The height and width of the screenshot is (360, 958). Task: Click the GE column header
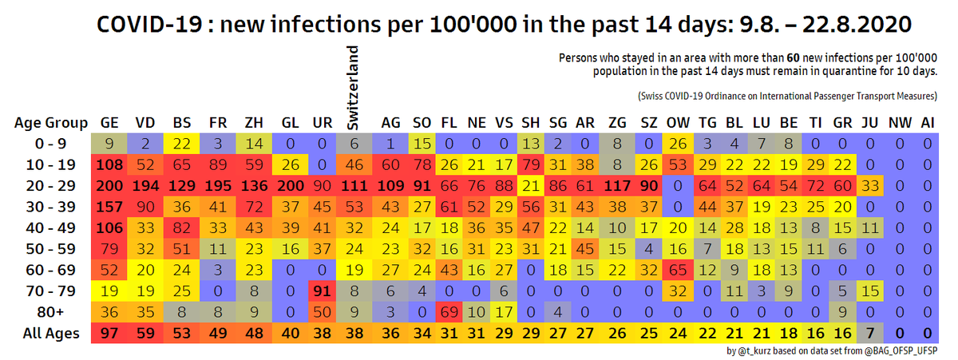[109, 123]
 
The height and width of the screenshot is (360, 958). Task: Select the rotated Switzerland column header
[352, 88]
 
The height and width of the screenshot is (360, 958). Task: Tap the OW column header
[678, 123]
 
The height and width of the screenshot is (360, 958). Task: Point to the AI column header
[927, 123]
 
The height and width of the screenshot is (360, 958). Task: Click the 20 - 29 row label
[50, 186]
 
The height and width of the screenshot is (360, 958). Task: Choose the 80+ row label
[50, 312]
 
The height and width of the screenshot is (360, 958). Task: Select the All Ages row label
[51, 334]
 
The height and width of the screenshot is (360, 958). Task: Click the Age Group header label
[51, 123]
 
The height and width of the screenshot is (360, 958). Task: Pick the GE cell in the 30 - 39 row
[109, 207]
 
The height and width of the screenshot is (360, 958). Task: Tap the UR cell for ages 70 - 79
[322, 291]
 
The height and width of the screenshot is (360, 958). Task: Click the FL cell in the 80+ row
[449, 312]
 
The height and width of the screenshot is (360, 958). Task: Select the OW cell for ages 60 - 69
[678, 271]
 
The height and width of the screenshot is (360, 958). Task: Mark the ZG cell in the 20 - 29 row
[617, 186]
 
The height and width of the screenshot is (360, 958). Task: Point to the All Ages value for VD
[145, 334]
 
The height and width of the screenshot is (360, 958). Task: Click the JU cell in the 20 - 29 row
[870, 186]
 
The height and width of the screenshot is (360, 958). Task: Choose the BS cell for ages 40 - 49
[182, 227]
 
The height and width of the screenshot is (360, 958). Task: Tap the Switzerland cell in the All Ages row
[354, 334]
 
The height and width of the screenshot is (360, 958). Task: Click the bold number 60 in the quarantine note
[793, 58]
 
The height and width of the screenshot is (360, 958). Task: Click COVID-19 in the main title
[149, 25]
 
